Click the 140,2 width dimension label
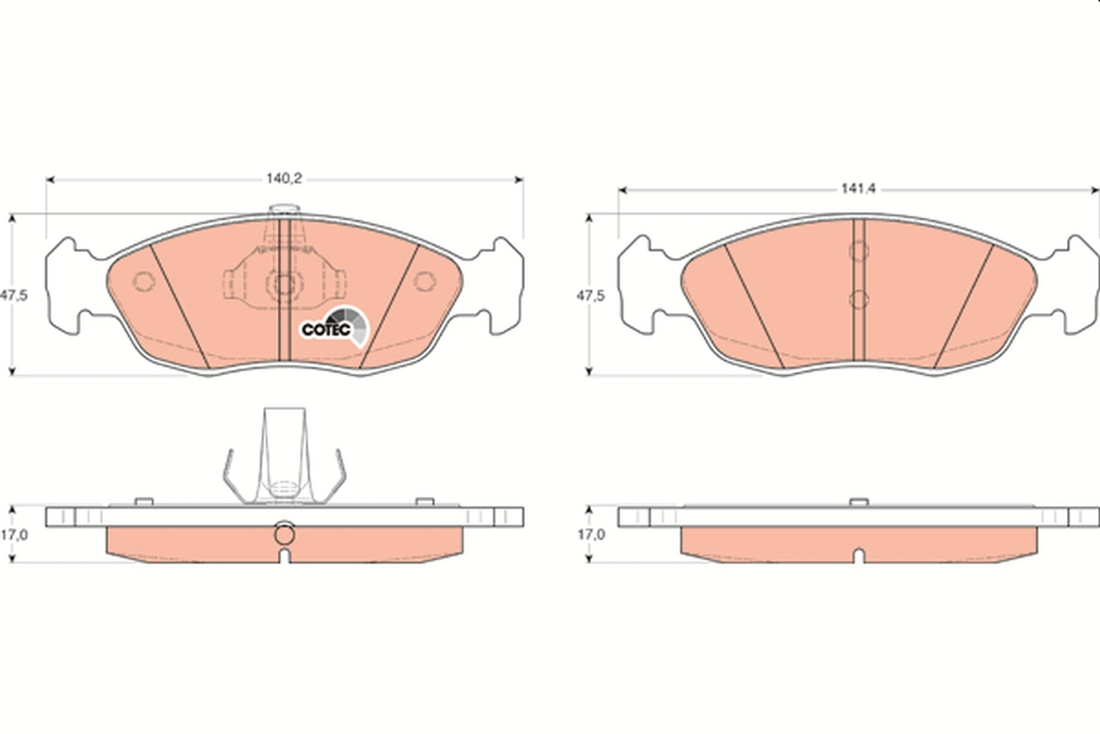(284, 179)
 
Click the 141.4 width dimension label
(858, 189)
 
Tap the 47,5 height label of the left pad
(14, 295)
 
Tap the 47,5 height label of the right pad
(590, 296)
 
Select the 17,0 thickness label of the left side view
(14, 535)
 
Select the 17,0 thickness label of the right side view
(590, 535)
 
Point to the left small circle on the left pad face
(144, 281)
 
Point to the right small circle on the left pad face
(424, 281)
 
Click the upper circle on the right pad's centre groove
(859, 250)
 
